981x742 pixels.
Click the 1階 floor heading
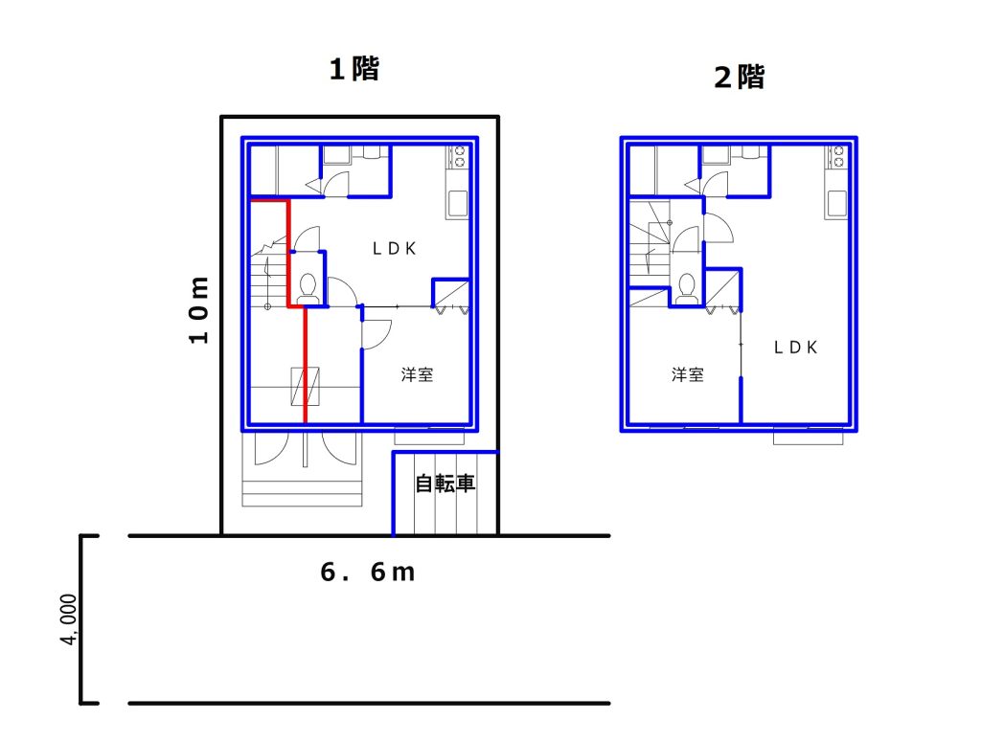(354, 69)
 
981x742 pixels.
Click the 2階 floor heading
(739, 78)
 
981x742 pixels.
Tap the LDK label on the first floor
(394, 249)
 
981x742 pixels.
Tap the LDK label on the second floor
(795, 348)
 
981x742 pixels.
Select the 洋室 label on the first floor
(417, 375)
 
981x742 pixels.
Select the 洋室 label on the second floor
(688, 375)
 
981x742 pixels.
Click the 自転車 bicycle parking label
(445, 483)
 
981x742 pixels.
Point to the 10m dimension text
(199, 310)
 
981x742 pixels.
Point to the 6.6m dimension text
(367, 572)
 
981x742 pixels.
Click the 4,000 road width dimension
(69, 619)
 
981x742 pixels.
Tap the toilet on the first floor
(308, 288)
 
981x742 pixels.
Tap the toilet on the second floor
(686, 289)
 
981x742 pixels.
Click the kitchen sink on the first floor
(458, 204)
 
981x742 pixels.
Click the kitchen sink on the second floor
(836, 204)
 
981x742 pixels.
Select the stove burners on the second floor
(837, 157)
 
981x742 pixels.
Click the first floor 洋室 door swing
(376, 334)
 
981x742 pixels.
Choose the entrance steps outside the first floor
(302, 493)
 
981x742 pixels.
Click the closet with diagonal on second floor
(724, 289)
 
